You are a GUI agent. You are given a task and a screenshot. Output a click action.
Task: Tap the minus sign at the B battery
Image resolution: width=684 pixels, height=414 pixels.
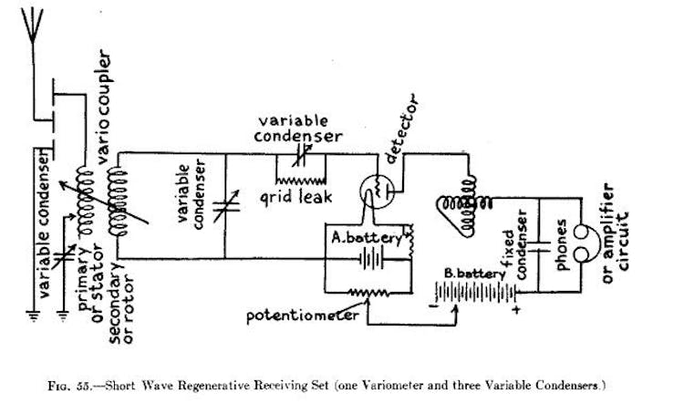pos(432,307)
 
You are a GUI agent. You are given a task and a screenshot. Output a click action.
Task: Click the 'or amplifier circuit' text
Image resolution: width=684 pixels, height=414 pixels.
pos(613,232)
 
